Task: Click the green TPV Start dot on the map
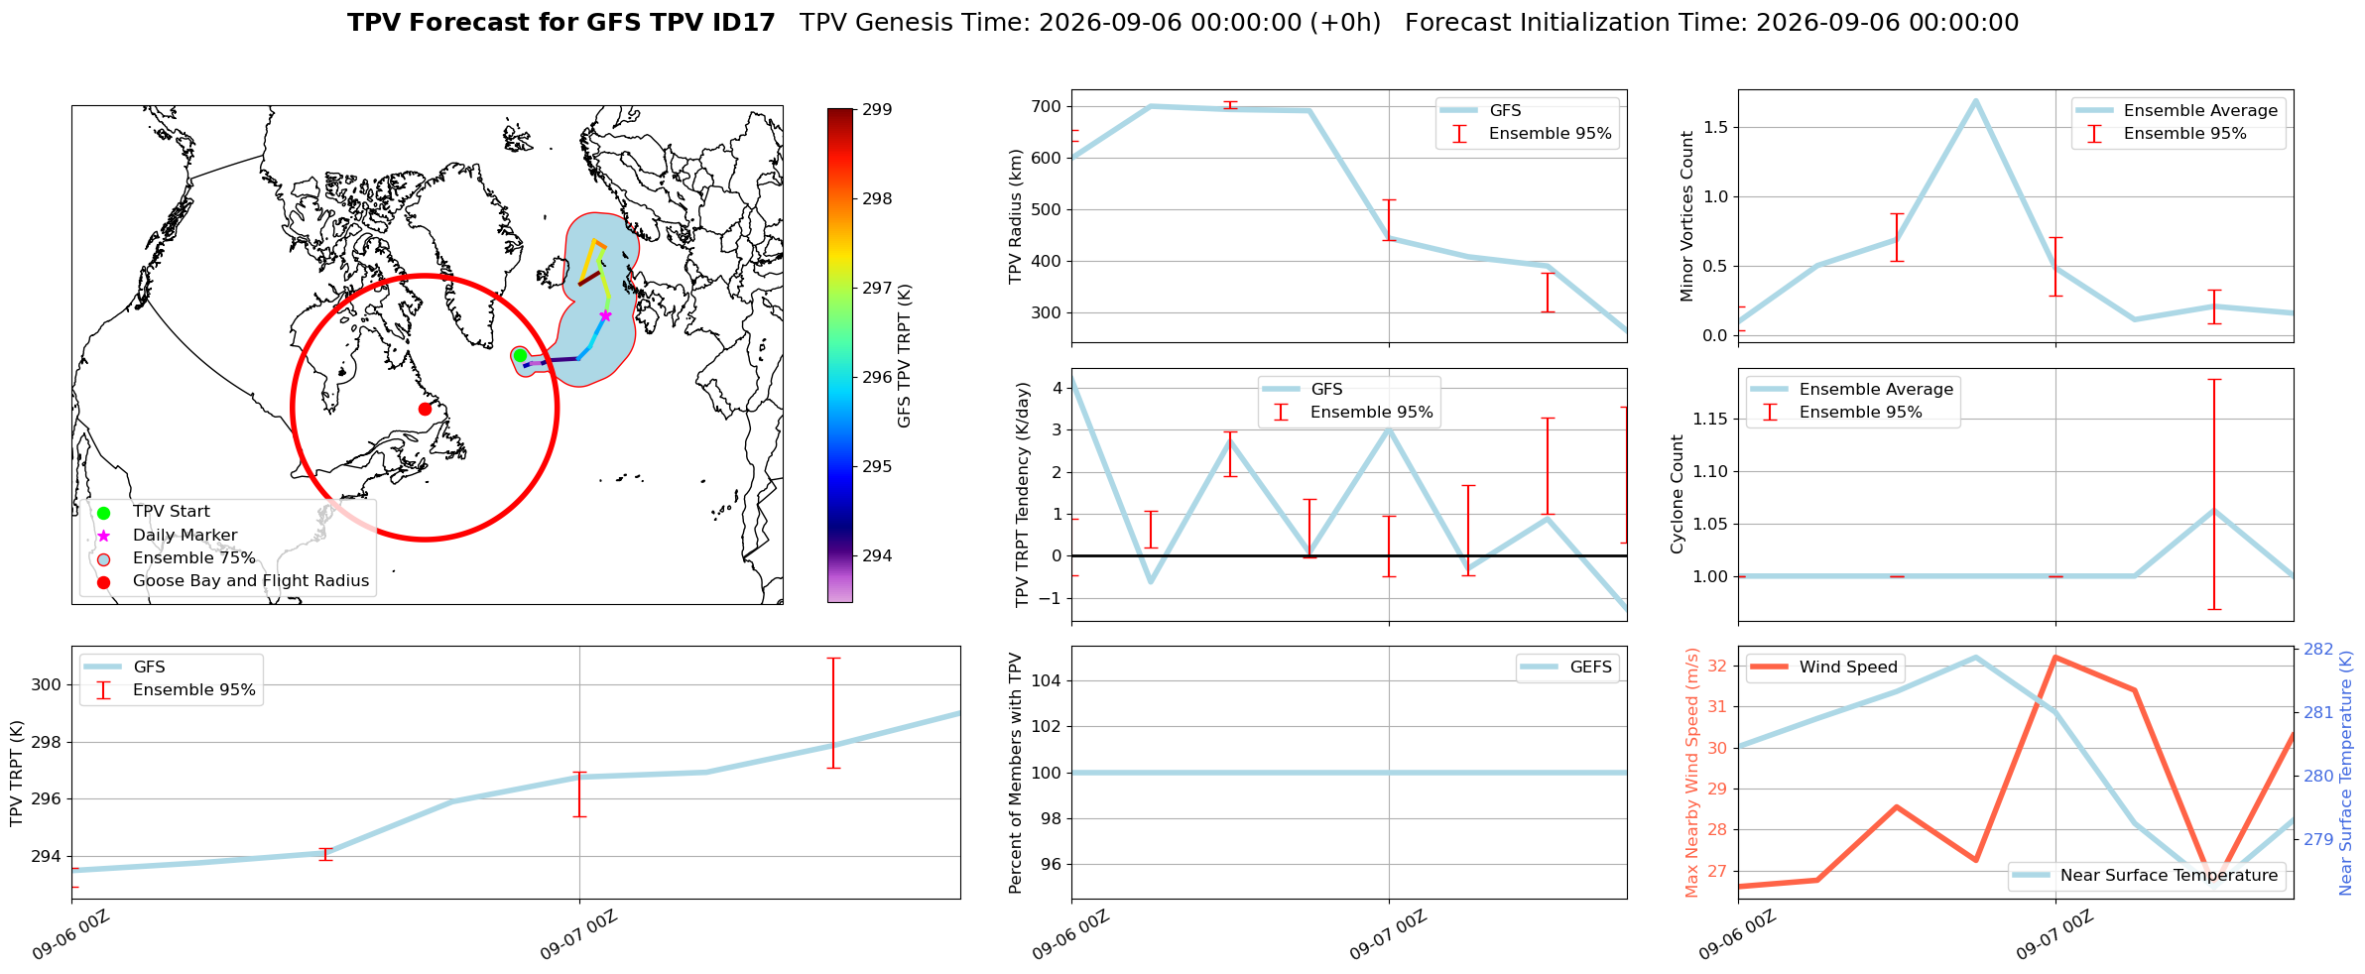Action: [520, 355]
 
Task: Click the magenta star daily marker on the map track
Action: [605, 315]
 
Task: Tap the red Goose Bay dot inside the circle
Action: [425, 409]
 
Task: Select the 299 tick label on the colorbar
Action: [877, 109]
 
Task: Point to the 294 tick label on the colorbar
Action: [877, 555]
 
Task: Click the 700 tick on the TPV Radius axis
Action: [1047, 106]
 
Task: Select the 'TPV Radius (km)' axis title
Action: [1016, 216]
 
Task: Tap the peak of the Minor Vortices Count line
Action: [1975, 100]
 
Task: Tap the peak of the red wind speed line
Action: [2054, 657]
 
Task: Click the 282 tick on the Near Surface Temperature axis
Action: [2318, 649]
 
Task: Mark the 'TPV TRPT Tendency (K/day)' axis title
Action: [1023, 494]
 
